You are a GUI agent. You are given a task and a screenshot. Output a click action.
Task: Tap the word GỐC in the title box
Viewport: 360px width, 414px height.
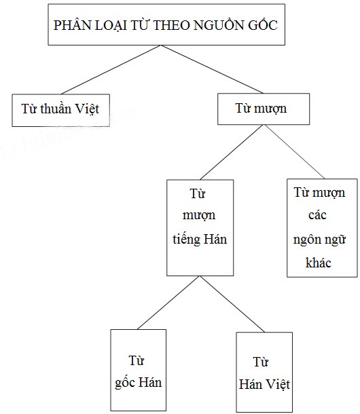(263, 24)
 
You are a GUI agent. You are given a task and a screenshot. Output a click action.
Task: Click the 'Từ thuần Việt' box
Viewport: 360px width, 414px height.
(61, 110)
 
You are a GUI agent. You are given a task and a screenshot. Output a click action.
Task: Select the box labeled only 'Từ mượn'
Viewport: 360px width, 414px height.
(264, 109)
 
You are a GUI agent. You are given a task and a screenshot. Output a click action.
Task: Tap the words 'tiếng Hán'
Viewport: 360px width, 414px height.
(200, 240)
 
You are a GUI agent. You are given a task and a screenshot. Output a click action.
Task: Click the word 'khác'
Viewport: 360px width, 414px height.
(319, 263)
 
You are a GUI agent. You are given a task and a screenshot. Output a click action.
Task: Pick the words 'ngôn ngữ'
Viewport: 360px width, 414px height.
(319, 240)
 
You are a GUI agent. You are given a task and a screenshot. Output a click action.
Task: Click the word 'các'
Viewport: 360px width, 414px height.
(317, 215)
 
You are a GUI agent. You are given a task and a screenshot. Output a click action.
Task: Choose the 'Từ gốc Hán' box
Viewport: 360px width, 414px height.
(139, 370)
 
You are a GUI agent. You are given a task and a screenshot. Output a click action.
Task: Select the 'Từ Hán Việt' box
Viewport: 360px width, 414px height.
(264, 372)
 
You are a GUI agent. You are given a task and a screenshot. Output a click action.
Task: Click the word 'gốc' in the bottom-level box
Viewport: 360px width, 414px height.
(125, 382)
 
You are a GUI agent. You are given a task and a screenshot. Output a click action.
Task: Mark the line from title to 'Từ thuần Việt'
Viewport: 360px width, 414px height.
(111, 70)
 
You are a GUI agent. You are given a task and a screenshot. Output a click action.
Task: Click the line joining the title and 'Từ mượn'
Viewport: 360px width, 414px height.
(212, 69)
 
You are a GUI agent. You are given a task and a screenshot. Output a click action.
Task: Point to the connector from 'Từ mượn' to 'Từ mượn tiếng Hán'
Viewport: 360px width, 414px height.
(231, 152)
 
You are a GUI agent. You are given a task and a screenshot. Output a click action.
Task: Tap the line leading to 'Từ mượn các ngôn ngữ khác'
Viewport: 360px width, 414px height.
(294, 152)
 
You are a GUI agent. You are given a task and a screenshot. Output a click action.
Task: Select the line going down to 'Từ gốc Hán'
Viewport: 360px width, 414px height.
(168, 303)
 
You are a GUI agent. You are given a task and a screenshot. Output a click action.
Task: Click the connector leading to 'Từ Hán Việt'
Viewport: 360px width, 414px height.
(232, 304)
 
